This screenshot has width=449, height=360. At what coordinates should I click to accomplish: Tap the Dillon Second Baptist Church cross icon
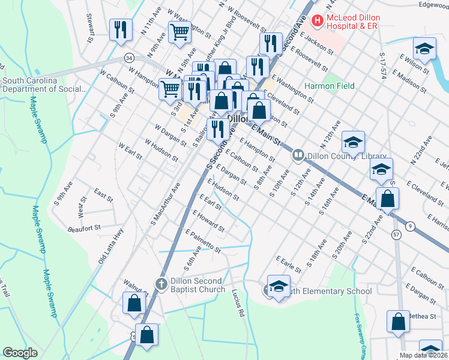[161, 284]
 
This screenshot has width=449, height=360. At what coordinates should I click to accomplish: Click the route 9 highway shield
[410, 226]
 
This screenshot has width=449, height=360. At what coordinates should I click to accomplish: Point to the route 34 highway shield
[128, 58]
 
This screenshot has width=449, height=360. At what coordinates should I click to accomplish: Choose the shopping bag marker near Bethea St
[398, 322]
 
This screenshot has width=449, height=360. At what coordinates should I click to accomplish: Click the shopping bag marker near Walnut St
[134, 303]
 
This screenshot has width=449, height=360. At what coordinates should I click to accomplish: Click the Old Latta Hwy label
[111, 247]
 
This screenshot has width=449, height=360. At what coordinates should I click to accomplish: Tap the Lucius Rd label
[238, 303]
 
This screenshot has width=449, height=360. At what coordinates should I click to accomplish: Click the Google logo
[20, 352]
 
